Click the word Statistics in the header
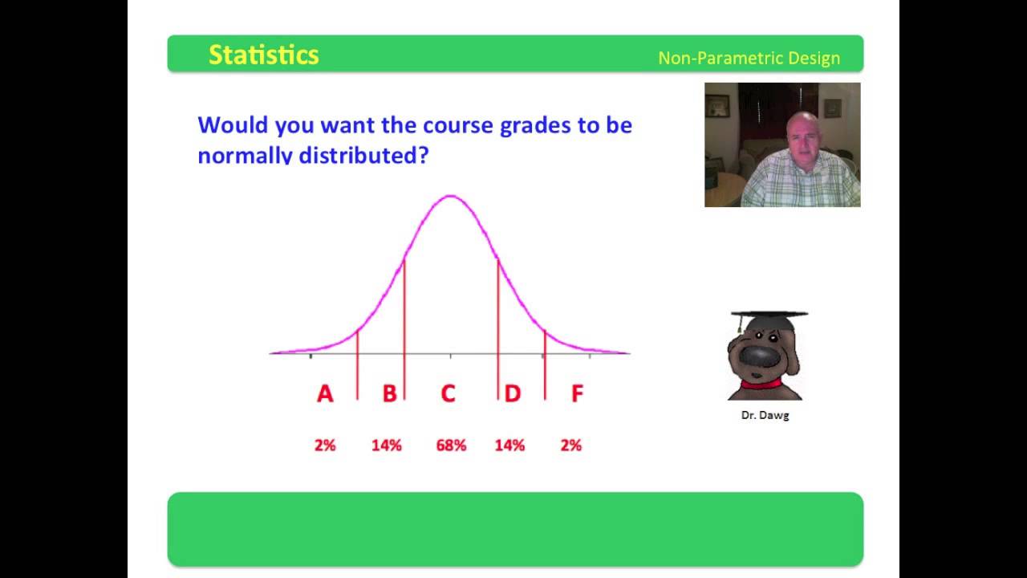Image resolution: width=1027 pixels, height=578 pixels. point(264,55)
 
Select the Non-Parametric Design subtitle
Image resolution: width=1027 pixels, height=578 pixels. point(749,59)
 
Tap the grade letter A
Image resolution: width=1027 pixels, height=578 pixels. point(325,393)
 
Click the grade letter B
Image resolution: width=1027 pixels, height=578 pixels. point(390,393)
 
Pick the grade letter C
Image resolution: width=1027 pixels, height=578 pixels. point(449,393)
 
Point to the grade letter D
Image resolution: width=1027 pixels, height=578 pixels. point(513,393)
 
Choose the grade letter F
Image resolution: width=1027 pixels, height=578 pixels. point(577,393)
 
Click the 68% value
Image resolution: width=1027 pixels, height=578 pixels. point(451,445)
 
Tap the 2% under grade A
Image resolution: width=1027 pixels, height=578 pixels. point(325,445)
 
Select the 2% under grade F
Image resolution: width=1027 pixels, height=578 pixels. point(571,445)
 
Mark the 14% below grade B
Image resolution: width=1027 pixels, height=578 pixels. point(387,445)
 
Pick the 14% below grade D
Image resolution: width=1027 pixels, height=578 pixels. point(509,445)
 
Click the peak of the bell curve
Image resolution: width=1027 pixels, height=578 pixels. point(451,196)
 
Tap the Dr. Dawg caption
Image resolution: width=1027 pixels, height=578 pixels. point(765,416)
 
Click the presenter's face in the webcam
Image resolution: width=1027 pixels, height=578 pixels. point(802,135)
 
